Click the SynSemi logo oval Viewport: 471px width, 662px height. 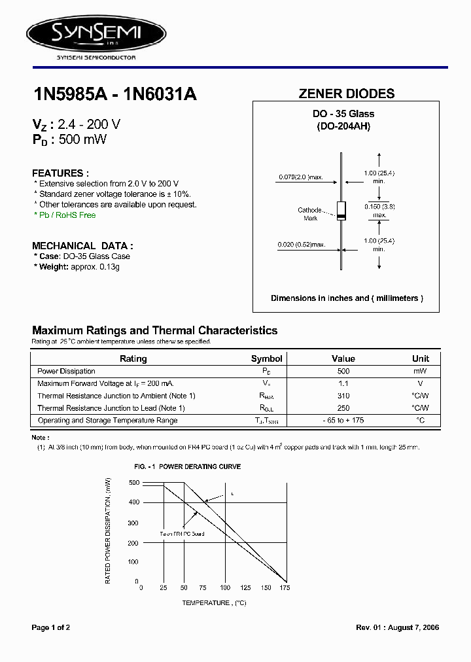click(x=96, y=31)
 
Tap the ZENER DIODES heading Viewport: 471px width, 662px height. click(x=346, y=94)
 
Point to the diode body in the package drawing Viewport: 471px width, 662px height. click(x=341, y=211)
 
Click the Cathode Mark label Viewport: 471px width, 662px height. click(x=310, y=214)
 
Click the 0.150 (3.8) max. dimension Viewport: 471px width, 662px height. click(x=379, y=210)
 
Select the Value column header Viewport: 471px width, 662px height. click(x=343, y=358)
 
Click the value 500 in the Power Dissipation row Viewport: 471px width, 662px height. click(x=343, y=371)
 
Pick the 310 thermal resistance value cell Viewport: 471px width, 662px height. click(x=343, y=396)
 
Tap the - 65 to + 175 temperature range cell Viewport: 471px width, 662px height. click(x=343, y=420)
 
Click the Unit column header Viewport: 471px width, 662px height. click(x=420, y=358)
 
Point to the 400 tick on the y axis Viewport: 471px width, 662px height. click(x=133, y=502)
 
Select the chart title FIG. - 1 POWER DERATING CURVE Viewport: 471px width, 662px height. click(x=187, y=466)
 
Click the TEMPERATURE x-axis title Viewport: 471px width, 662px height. click(x=214, y=602)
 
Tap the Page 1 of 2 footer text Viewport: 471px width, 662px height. click(x=51, y=627)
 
